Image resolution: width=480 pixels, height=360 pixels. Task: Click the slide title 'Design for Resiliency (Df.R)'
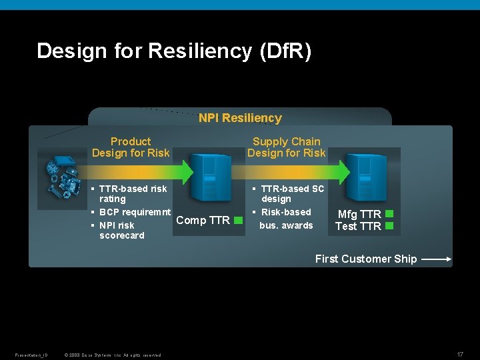click(x=174, y=51)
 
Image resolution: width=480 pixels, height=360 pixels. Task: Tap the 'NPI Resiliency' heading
click(x=240, y=118)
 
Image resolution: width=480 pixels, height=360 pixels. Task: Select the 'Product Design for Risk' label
click(x=131, y=147)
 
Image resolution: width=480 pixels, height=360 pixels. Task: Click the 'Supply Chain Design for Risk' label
click(x=287, y=147)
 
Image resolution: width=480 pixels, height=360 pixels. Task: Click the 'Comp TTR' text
click(x=203, y=220)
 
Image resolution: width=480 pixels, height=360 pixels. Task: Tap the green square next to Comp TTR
click(x=238, y=220)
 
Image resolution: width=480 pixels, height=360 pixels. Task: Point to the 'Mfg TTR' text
click(x=359, y=214)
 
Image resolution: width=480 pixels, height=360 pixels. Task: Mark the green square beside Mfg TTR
click(x=390, y=214)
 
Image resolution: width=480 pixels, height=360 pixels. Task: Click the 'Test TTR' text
click(x=358, y=226)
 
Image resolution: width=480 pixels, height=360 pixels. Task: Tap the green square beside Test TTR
click(x=390, y=226)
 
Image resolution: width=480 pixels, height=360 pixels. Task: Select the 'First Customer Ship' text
click(x=366, y=259)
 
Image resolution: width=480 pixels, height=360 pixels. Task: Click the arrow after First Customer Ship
click(x=437, y=259)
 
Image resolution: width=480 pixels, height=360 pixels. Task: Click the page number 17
click(x=460, y=353)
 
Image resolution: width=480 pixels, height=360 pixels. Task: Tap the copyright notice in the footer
click(x=113, y=355)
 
